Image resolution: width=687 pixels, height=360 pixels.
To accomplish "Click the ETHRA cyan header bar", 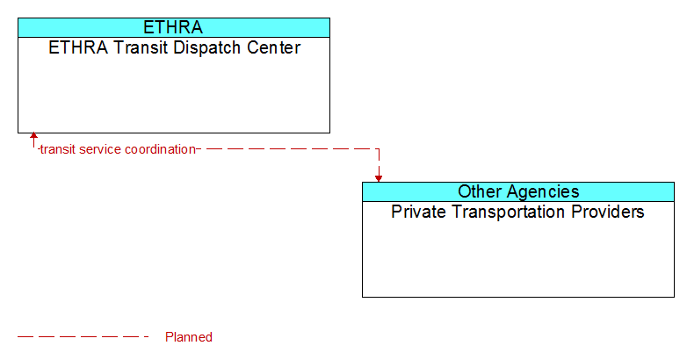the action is pos(174,27).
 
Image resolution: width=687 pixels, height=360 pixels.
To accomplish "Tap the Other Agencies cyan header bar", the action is pos(518,191).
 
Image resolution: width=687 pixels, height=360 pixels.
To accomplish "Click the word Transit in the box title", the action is pos(141,47).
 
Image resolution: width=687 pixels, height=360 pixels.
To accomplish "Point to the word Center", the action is pos(274,47).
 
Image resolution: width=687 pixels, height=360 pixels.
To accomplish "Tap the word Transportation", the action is pos(509,212).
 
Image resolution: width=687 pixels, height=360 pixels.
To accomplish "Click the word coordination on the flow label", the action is pos(160,150).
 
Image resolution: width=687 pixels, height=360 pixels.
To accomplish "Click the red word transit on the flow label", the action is pos(58,150).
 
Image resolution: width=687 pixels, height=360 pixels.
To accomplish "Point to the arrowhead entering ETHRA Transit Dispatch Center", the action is pos(33,135).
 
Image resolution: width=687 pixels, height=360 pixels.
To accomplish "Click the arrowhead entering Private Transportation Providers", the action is pos(379,179).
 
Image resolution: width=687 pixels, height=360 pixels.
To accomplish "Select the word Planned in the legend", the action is pos(189,337).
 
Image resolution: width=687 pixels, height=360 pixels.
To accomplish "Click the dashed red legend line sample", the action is pos(83,337).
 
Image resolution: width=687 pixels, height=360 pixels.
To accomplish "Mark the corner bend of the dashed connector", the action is pos(379,149).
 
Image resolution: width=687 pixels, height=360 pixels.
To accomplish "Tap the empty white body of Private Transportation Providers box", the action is pos(518,258).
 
